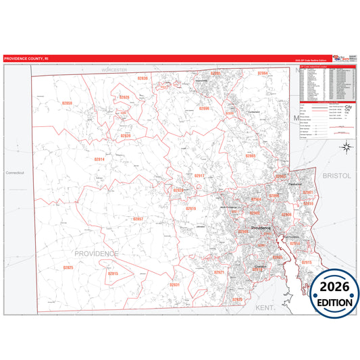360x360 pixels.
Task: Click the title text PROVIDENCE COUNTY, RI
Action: click(x=26, y=59)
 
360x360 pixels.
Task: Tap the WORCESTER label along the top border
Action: click(x=114, y=70)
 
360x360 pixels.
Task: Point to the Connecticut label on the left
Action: click(x=14, y=173)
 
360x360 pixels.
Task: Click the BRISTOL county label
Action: click(x=338, y=175)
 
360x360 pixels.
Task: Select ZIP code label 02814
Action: click(x=99, y=159)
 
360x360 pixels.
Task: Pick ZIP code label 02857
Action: click(x=138, y=219)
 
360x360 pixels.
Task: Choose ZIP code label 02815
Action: click(x=113, y=273)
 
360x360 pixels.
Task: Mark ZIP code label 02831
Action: click(x=175, y=285)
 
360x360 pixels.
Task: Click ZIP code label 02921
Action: click(x=219, y=272)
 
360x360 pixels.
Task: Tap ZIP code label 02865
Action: click(x=251, y=155)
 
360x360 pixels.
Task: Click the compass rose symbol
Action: click(x=346, y=147)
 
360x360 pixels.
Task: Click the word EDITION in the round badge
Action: click(x=336, y=303)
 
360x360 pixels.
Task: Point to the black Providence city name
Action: click(x=261, y=228)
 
